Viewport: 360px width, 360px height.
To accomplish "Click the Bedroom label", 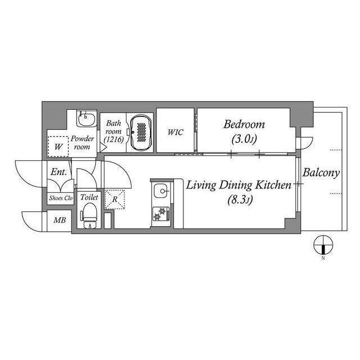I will tap(244, 124).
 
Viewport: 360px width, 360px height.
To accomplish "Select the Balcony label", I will tap(321, 173).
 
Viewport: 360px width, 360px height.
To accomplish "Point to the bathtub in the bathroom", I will tap(141, 133).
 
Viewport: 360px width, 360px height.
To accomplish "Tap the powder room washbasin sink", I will tap(86, 120).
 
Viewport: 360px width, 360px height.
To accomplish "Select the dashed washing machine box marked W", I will tap(58, 147).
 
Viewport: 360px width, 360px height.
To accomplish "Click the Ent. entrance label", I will tap(58, 173).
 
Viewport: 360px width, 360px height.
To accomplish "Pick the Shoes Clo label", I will tap(61, 197).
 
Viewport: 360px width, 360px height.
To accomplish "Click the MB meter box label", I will tap(59, 220).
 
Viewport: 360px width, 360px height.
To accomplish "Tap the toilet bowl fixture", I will tap(89, 215).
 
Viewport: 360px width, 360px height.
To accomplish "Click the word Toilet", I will tap(89, 197).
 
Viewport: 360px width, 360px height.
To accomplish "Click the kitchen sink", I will tap(162, 191).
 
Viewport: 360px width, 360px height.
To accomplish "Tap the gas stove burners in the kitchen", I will tap(161, 215).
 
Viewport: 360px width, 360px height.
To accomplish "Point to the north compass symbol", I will tap(324, 245).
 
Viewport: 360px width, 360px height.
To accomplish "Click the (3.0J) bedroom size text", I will tap(244, 139).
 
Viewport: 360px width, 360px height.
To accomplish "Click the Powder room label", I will tap(83, 142).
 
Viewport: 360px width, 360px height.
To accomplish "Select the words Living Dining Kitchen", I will tap(238, 185).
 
